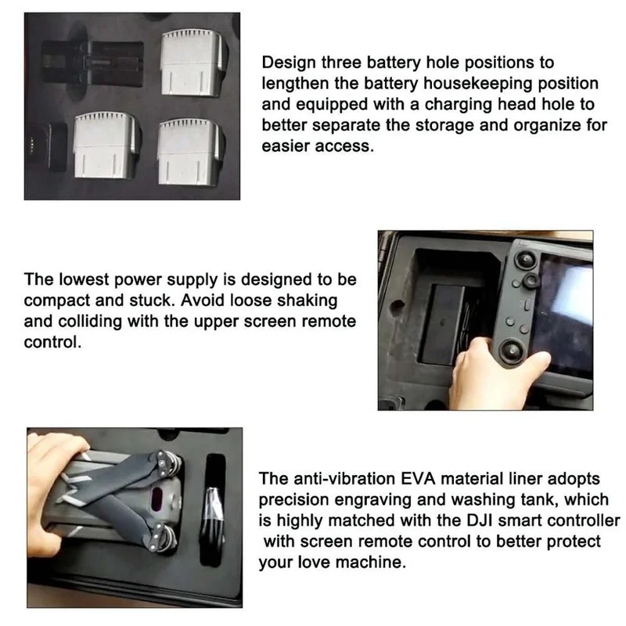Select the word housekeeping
pyautogui.click(x=477, y=84)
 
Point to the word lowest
pyautogui.click(x=84, y=279)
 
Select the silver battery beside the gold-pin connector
pyautogui.click(x=106, y=145)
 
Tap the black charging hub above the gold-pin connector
pyautogui.click(x=92, y=62)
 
